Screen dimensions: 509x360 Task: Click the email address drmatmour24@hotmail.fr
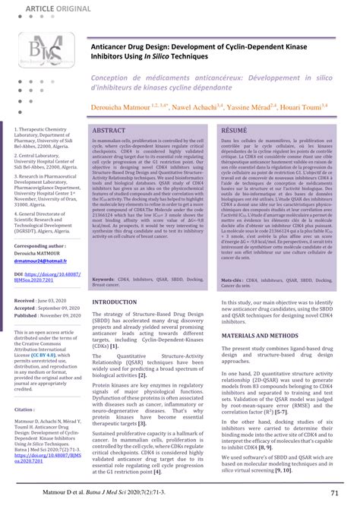43,261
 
